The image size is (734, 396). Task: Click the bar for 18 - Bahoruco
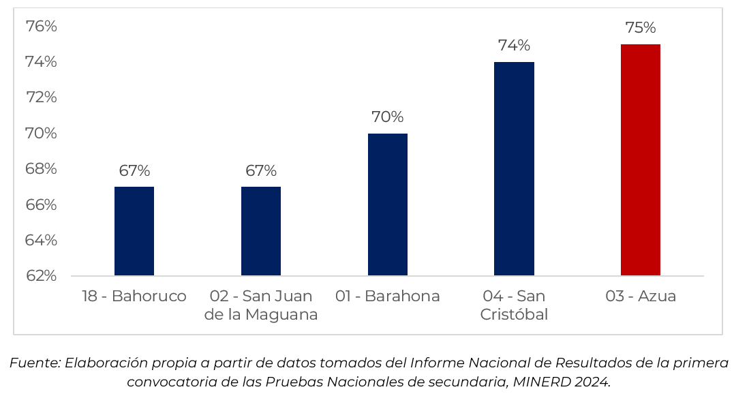coord(134,231)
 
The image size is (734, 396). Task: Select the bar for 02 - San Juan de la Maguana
coord(261,231)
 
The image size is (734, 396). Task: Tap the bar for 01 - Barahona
coord(388,204)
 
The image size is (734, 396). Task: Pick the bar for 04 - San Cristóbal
coord(514,169)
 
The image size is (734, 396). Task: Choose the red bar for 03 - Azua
coord(641,160)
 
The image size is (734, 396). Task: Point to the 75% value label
coord(641,28)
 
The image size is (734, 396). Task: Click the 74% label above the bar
coord(514,46)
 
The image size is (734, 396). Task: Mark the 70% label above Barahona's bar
coord(388,117)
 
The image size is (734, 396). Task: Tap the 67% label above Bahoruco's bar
coord(134,170)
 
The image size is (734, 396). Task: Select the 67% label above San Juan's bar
coord(261,170)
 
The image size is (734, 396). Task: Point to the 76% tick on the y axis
coord(41,27)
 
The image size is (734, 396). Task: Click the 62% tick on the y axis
coord(41,276)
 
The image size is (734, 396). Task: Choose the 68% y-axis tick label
coord(41,169)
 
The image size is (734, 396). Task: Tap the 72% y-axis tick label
coord(41,97)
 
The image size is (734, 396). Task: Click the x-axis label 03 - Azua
coord(641,296)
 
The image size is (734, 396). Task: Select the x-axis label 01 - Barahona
coord(388,296)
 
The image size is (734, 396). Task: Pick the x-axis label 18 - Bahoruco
coord(134,296)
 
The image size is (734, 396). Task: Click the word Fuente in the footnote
coord(35,363)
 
